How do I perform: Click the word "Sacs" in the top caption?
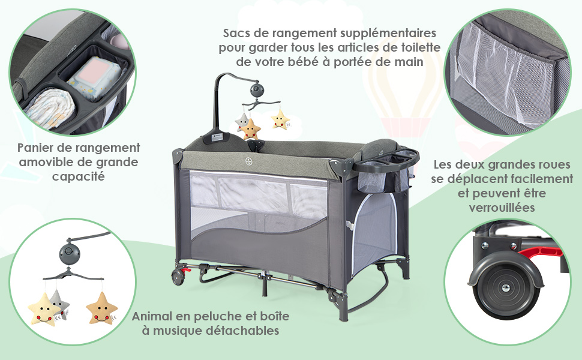[236, 33]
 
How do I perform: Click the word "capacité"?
[79, 176]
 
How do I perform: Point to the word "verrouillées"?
[502, 207]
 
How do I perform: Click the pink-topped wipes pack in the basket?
[95, 78]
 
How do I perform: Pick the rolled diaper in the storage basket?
[50, 108]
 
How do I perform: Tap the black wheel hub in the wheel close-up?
[505, 288]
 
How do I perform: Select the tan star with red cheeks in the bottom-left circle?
[102, 308]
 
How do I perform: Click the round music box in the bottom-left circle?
[70, 253]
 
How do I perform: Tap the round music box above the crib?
[256, 89]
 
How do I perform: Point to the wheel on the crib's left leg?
[178, 277]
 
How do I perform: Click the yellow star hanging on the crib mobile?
[280, 119]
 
